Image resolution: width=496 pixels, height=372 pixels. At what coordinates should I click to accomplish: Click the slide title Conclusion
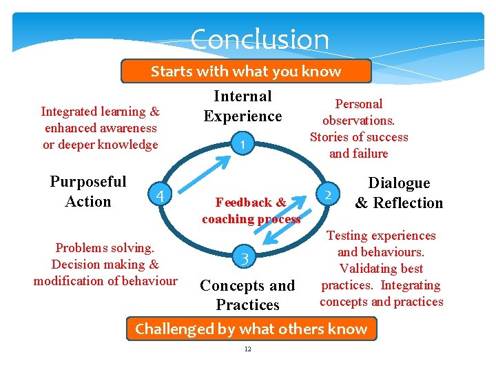coord(260,39)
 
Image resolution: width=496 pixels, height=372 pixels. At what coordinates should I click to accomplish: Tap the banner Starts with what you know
coord(246,72)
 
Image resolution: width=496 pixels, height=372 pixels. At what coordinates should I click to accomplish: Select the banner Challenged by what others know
coord(251,329)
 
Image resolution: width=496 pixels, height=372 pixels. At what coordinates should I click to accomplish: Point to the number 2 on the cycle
coord(329,195)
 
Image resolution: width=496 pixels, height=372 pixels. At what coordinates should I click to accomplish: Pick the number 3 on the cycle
coord(244,260)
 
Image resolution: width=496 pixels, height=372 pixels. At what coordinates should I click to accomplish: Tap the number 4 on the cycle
coord(159,196)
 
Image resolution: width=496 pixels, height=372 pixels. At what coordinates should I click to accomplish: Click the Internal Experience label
coord(242,106)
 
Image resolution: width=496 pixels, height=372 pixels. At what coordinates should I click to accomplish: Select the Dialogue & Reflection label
coord(399,193)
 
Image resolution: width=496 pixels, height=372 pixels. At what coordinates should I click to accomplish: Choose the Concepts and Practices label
coord(247,295)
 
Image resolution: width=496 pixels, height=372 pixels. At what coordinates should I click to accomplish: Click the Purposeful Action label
coord(88,192)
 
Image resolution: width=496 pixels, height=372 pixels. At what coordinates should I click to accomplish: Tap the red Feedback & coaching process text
coord(251,211)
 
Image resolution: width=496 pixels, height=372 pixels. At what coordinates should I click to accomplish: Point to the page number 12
coord(248,349)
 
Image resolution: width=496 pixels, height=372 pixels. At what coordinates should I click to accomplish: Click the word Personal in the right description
coord(358,104)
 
